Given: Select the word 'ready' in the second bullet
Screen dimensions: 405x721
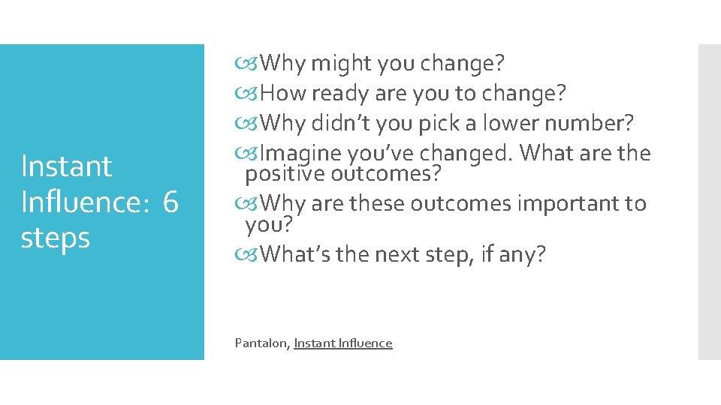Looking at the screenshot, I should [337, 94].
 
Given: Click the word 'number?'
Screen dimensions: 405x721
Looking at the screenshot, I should [595, 124].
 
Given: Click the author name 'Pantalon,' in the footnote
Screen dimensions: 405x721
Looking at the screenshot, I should [262, 343].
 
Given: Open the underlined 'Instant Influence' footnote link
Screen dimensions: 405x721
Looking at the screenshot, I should [343, 343].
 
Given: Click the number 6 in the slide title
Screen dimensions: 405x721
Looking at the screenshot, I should [170, 202].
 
